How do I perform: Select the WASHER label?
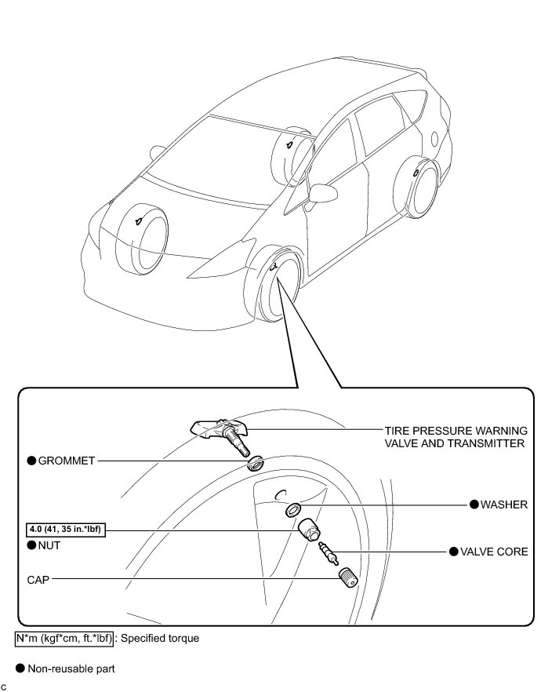tap(504, 504)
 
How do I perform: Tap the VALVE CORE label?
tap(494, 552)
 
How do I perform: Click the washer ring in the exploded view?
tap(292, 510)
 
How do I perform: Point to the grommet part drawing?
tap(255, 463)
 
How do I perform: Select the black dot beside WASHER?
tap(474, 504)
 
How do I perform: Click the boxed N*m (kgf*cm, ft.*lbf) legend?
tap(64, 638)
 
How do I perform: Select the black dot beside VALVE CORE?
tap(453, 552)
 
